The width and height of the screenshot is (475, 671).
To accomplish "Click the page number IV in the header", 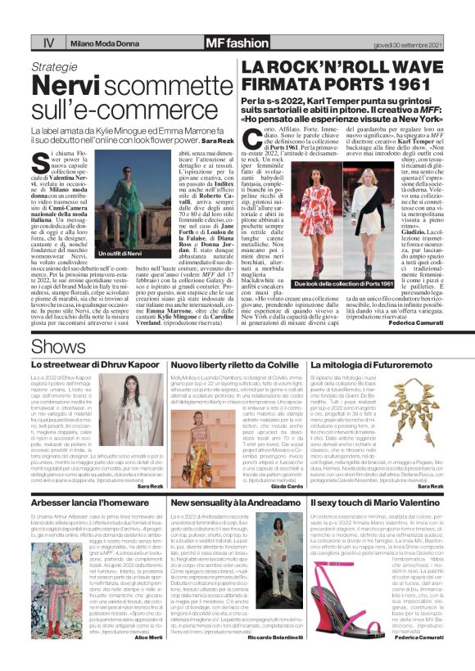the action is coord(48,42).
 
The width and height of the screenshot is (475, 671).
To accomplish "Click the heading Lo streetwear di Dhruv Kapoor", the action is coord(95,364).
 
